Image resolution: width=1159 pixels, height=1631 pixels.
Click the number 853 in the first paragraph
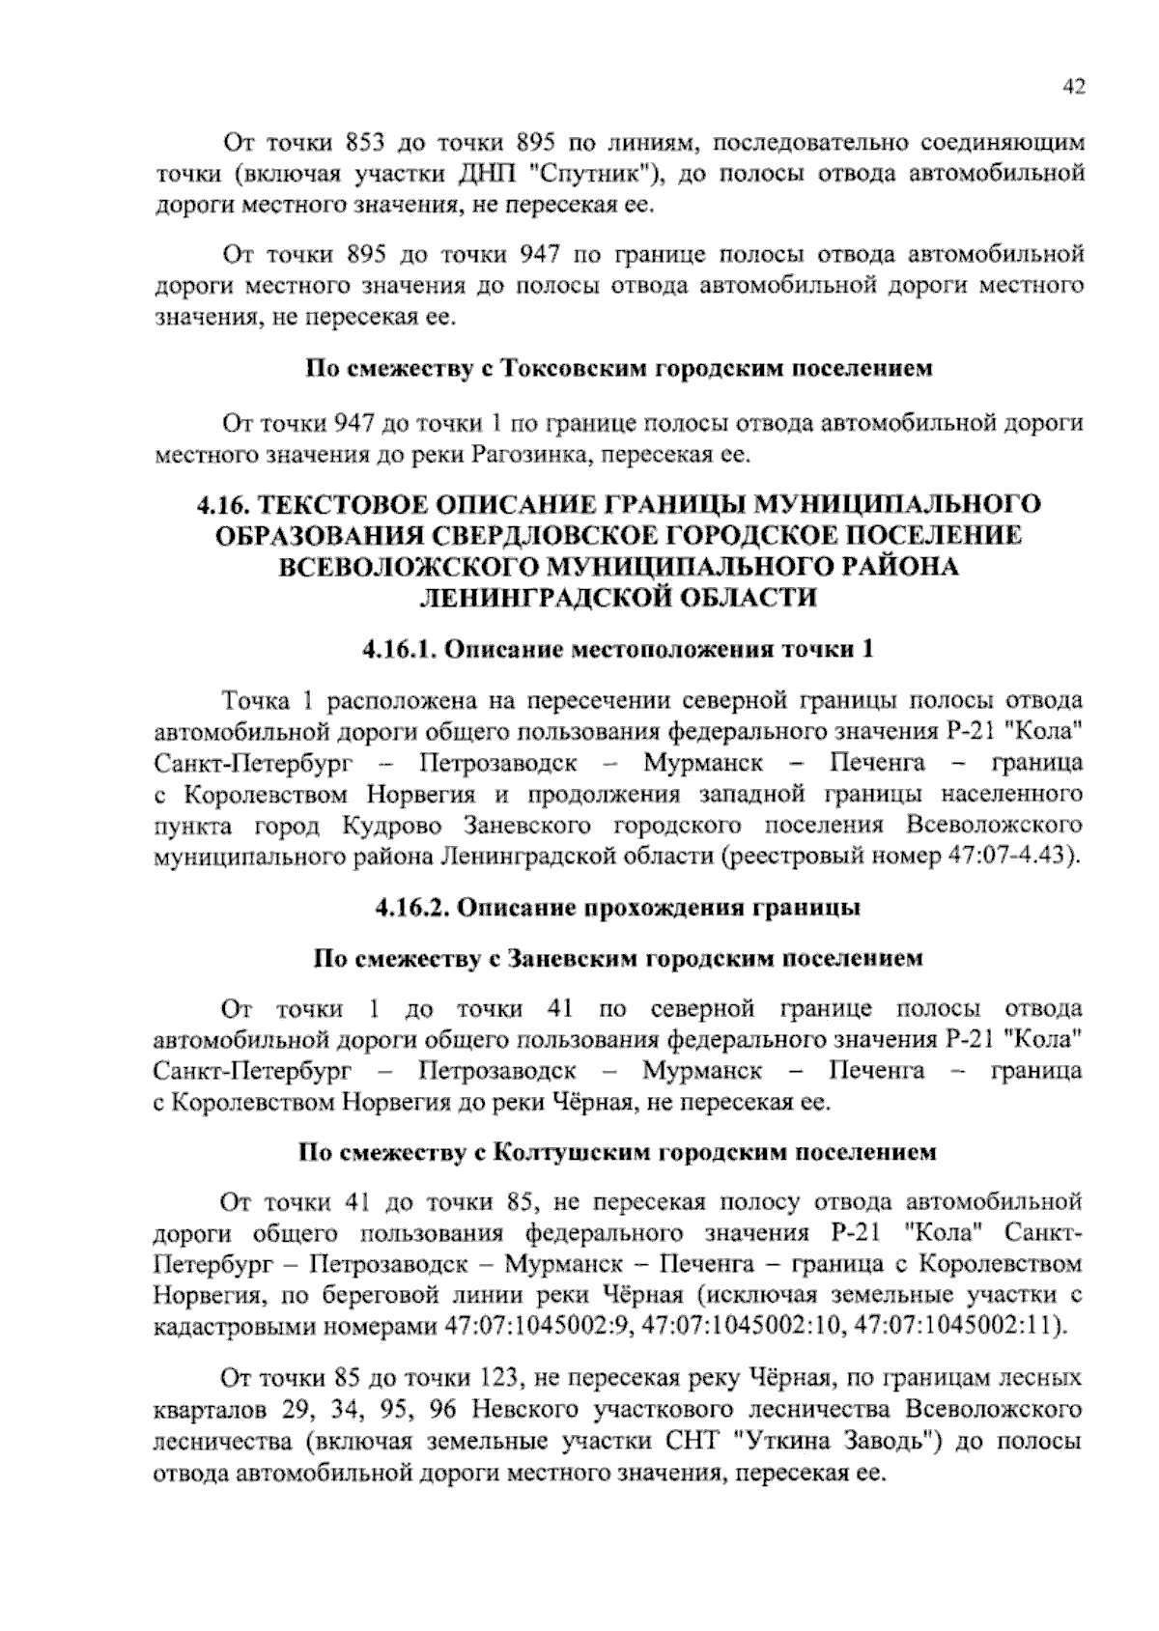pyautogui.click(x=365, y=144)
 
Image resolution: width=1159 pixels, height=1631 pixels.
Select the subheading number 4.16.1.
pyautogui.click(x=400, y=650)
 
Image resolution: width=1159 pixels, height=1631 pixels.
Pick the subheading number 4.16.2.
pyautogui.click(x=410, y=908)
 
